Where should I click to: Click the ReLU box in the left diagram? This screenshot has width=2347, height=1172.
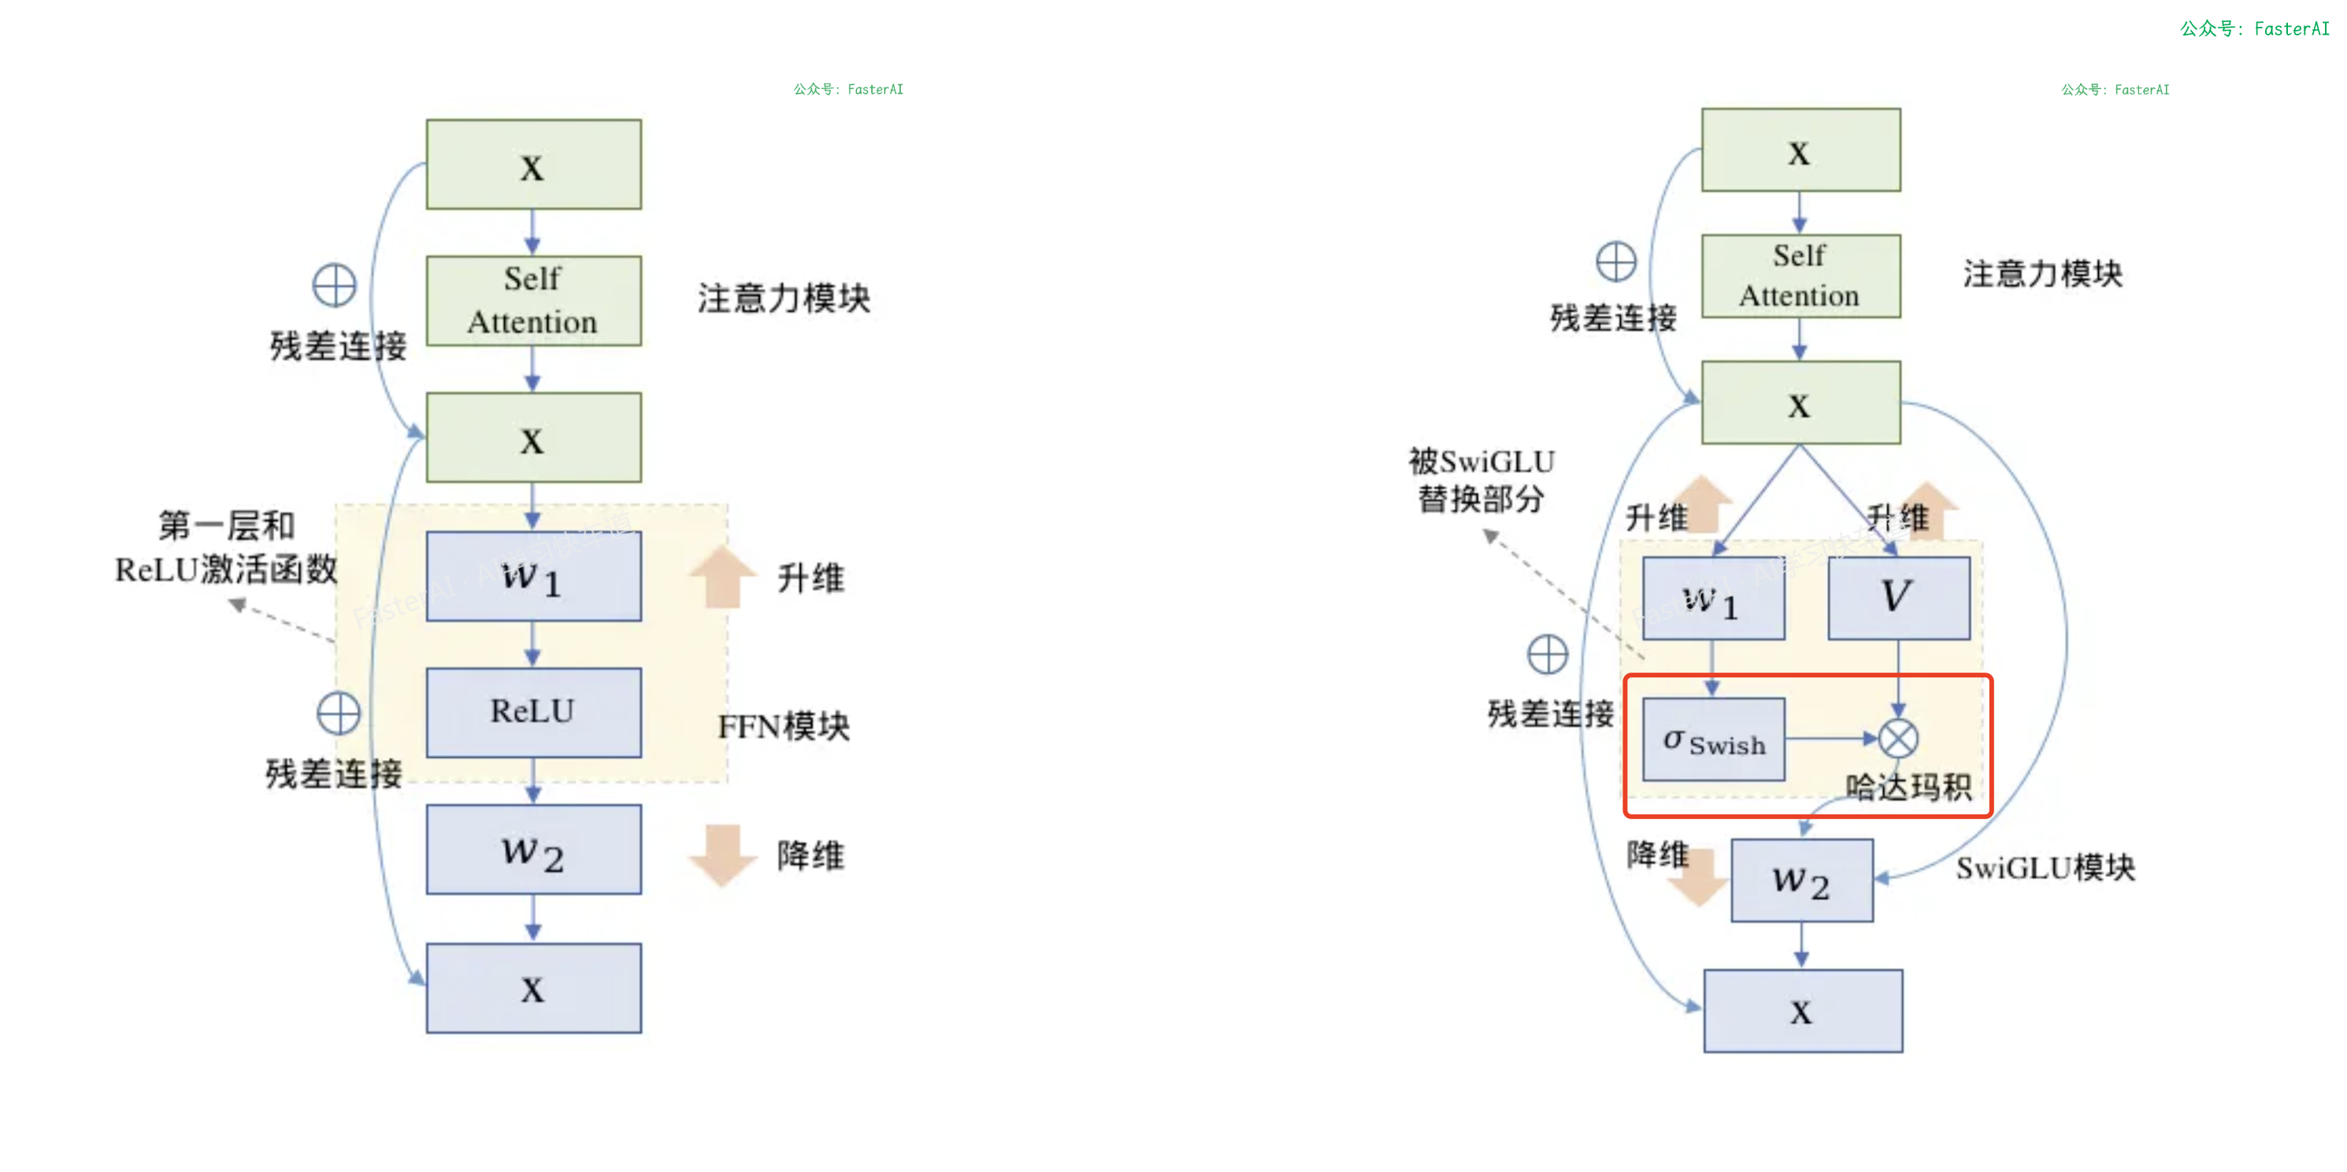pyautogui.click(x=533, y=712)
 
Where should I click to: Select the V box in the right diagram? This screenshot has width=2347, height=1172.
pyautogui.click(x=1898, y=598)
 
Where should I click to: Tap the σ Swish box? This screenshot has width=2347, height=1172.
pyautogui.click(x=1713, y=739)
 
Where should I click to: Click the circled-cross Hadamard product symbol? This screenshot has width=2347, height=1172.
pyautogui.click(x=1899, y=738)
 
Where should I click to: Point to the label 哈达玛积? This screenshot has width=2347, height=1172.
pyautogui.click(x=1908, y=787)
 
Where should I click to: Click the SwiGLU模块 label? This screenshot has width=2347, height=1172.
pyautogui.click(x=2045, y=868)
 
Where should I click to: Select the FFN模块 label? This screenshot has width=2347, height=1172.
pyautogui.click(x=784, y=726)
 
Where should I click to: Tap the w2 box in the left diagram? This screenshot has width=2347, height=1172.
pyautogui.click(x=533, y=849)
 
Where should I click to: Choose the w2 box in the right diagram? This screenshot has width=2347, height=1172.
pyautogui.click(x=1801, y=881)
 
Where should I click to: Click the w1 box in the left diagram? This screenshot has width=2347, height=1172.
pyautogui.click(x=533, y=576)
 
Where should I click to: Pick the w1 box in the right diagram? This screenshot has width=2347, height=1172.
pyautogui.click(x=1713, y=599)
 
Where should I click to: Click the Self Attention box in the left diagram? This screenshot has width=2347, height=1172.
pyautogui.click(x=533, y=300)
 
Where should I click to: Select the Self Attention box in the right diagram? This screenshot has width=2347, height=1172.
pyautogui.click(x=1800, y=276)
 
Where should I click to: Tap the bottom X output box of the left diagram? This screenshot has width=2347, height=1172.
pyautogui.click(x=533, y=988)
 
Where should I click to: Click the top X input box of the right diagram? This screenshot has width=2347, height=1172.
pyautogui.click(x=1800, y=150)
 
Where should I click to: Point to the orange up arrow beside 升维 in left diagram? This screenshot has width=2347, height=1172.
pyautogui.click(x=722, y=576)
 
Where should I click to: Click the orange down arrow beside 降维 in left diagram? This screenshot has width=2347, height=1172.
pyautogui.click(x=722, y=854)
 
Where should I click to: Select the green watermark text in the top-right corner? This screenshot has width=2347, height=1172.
pyautogui.click(x=2253, y=29)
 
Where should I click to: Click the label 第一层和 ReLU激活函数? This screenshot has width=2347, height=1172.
pyautogui.click(x=226, y=547)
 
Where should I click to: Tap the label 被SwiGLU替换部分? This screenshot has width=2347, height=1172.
pyautogui.click(x=1481, y=480)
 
